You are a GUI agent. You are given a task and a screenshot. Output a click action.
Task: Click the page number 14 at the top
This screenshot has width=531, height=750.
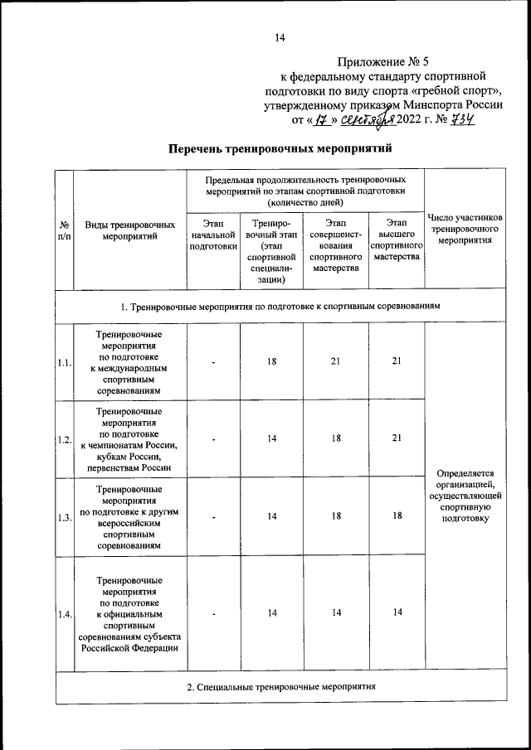click(279, 37)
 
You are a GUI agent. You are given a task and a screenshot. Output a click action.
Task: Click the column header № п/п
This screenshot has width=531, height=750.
click(64, 230)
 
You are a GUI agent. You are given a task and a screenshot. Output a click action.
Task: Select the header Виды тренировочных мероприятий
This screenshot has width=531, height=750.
click(129, 230)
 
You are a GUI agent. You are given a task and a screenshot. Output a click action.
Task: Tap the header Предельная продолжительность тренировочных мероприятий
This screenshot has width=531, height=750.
click(305, 190)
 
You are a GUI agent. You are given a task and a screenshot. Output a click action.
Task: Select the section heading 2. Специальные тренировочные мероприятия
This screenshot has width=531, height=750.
click(280, 687)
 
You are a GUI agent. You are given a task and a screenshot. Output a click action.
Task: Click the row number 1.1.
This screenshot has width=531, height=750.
click(64, 362)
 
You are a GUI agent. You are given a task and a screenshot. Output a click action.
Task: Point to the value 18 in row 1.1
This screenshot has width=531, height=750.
click(272, 362)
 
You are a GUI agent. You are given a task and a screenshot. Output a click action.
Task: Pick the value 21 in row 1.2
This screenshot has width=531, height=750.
click(397, 438)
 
